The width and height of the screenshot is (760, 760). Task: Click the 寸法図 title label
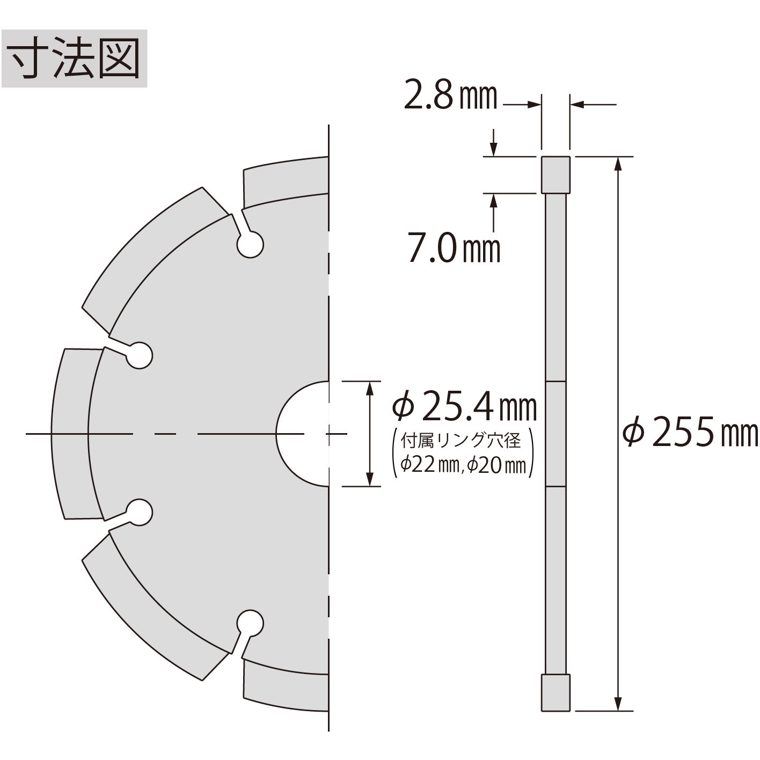tap(75, 59)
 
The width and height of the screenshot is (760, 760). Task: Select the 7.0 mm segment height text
tap(454, 247)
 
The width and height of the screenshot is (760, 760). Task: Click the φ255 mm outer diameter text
tap(690, 432)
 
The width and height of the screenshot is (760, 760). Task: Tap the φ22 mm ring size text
tap(429, 466)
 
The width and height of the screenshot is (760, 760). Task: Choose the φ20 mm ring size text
tap(496, 466)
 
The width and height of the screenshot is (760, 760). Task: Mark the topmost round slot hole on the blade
tap(250, 245)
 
